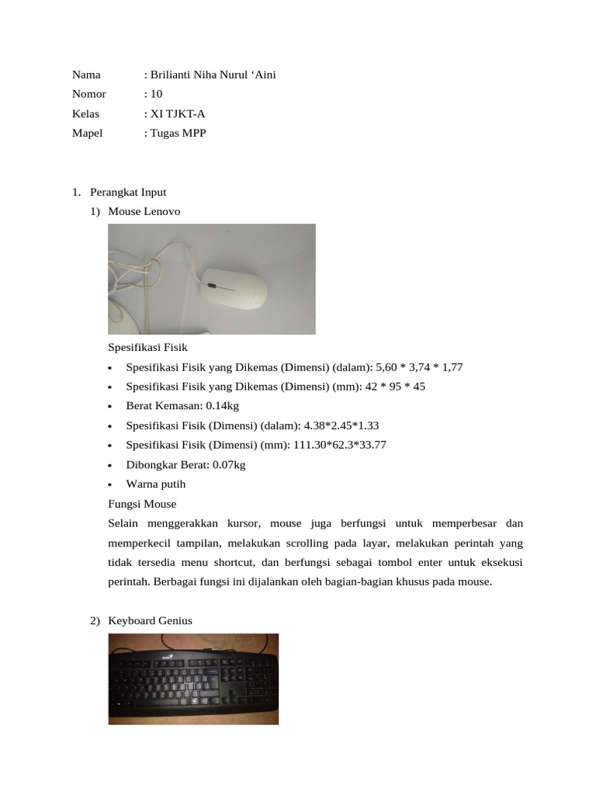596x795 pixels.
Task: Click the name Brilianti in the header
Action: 171,75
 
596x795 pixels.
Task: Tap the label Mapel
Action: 87,133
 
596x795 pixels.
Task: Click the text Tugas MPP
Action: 178,133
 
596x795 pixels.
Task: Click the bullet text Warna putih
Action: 156,484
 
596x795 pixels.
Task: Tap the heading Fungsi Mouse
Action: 142,504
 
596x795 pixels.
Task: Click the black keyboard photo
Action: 193,679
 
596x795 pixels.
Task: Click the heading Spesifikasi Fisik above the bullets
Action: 147,348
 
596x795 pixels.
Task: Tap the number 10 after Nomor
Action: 156,94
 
